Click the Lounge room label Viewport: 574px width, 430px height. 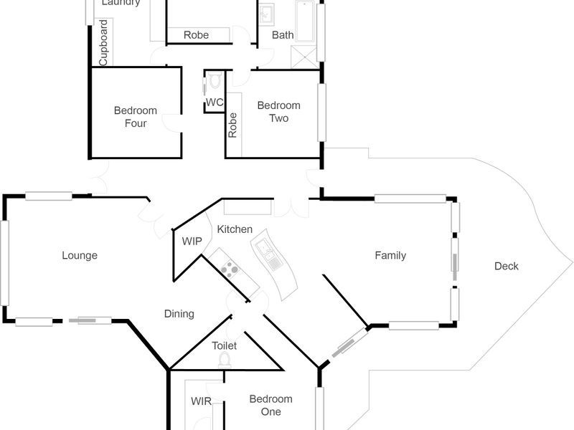(x=79, y=255)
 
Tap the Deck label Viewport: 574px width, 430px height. (x=506, y=267)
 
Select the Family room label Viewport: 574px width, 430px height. (x=390, y=255)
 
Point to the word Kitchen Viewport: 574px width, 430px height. (x=235, y=229)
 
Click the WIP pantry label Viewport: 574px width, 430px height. (x=192, y=242)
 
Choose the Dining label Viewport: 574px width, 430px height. (x=179, y=314)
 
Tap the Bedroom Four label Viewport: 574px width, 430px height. (x=135, y=117)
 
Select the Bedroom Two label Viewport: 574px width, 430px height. (x=278, y=112)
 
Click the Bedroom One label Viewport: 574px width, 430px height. (x=270, y=406)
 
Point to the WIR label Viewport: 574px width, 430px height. (x=201, y=402)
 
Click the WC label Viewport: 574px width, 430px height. (x=215, y=102)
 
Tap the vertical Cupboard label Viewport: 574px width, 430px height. (x=103, y=43)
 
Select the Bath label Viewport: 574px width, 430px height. (x=283, y=34)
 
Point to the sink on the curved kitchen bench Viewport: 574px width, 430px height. (x=264, y=252)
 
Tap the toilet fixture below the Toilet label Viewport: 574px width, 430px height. (x=225, y=360)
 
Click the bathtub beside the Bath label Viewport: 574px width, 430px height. (x=305, y=21)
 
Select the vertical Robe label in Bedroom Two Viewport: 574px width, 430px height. (x=232, y=125)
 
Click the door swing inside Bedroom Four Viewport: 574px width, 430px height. (x=171, y=123)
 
